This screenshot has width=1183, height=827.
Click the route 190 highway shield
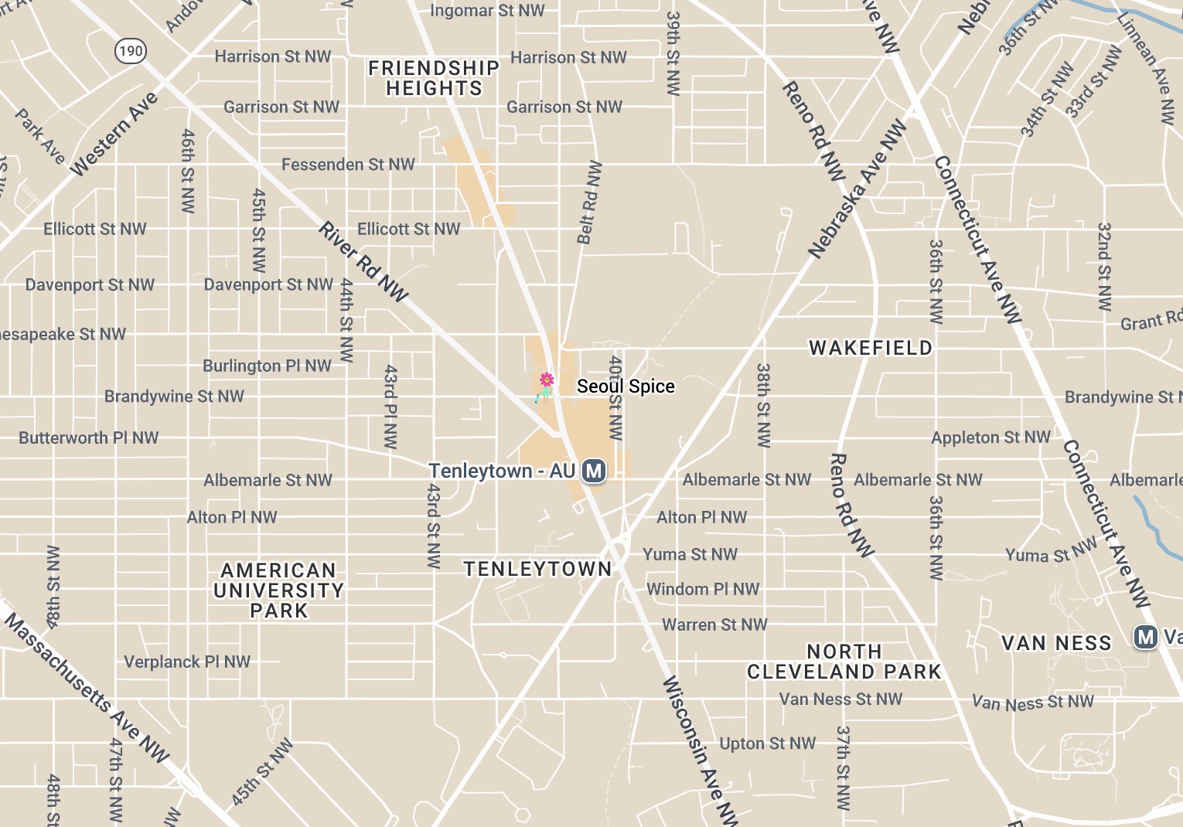point(131,51)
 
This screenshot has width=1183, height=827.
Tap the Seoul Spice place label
point(626,386)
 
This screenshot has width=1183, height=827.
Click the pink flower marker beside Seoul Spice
point(547,379)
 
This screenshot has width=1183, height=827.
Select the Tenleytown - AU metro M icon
point(594,471)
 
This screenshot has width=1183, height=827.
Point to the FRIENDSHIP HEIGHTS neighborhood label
point(434,78)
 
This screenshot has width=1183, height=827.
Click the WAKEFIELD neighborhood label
point(871,348)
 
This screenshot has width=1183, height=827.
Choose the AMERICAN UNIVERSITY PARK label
point(278,590)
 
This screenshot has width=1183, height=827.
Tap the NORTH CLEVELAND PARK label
point(844,662)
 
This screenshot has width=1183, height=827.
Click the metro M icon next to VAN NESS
point(1145,637)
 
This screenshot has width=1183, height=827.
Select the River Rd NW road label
point(363,262)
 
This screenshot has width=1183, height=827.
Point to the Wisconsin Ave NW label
point(701,750)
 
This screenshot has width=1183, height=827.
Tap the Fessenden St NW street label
point(348,165)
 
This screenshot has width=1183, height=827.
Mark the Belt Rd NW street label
point(589,202)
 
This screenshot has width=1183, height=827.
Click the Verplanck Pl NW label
point(187,662)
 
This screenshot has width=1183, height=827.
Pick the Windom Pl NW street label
point(703,589)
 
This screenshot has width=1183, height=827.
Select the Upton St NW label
point(767,744)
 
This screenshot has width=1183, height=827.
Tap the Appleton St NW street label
point(990,437)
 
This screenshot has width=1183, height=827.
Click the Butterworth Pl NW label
point(89,437)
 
